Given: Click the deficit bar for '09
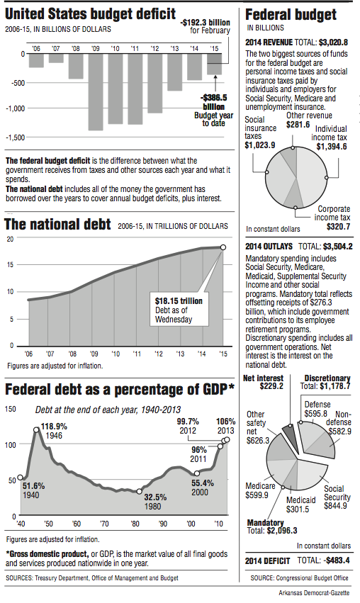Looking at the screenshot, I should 96,91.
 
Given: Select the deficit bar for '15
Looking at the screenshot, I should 215,64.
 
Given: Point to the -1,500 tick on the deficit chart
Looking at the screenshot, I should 15,137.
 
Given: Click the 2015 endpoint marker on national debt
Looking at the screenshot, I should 223,247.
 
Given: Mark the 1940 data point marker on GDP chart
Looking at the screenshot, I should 20,478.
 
